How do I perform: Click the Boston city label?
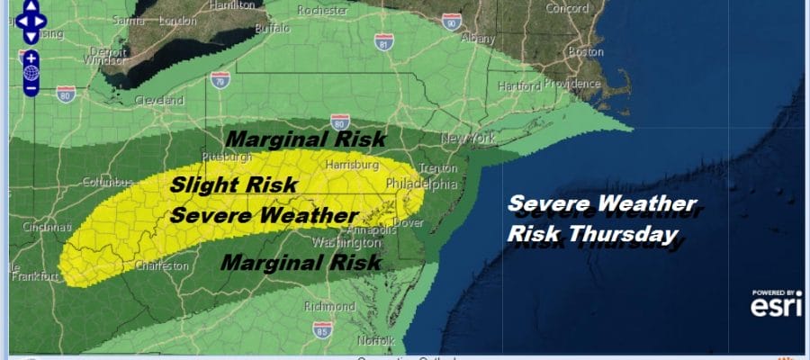pyautogui.click(x=586, y=51)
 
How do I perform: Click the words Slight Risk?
pyautogui.click(x=220, y=184)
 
